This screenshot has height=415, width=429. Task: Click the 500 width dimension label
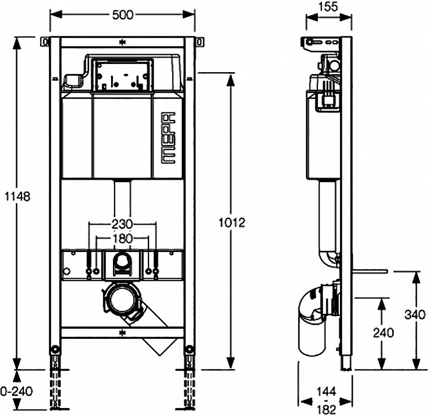123,15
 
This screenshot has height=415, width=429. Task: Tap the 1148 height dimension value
17,196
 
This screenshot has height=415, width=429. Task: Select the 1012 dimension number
232,223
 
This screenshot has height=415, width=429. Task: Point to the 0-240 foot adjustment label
16,391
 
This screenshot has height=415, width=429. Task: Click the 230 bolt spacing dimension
122,224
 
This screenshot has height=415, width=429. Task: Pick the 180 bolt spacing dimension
122,239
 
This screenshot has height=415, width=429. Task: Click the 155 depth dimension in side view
328,6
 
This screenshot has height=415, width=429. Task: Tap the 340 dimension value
415,315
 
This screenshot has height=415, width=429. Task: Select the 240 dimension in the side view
384,333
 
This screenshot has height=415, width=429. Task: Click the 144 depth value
327,392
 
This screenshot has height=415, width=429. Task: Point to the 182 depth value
327,410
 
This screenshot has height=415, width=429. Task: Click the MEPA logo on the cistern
167,138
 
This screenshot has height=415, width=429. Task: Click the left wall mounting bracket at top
45,42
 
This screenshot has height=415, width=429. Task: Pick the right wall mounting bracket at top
200,42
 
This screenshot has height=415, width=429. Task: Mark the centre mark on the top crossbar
122,42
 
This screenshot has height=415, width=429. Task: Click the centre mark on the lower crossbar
122,333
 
